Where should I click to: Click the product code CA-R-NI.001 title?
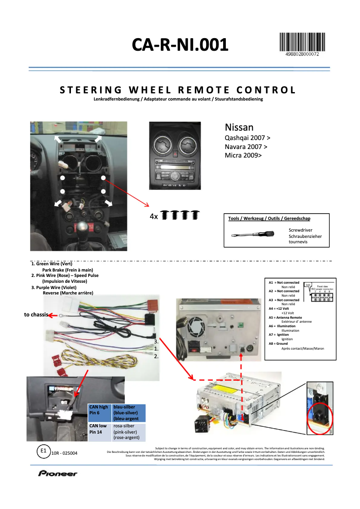(x=180, y=45)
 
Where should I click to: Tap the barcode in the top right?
(x=302, y=43)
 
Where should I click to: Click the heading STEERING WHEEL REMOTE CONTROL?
(x=178, y=90)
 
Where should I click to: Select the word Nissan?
(x=239, y=127)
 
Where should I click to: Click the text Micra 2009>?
(x=242, y=155)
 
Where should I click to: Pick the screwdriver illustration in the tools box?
(x=253, y=234)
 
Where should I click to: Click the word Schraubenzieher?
(x=305, y=236)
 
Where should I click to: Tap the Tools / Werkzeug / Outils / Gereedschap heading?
(x=269, y=219)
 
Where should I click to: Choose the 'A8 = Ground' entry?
(x=278, y=344)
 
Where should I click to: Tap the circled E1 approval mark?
(x=43, y=451)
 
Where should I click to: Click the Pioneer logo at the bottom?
(x=57, y=474)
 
